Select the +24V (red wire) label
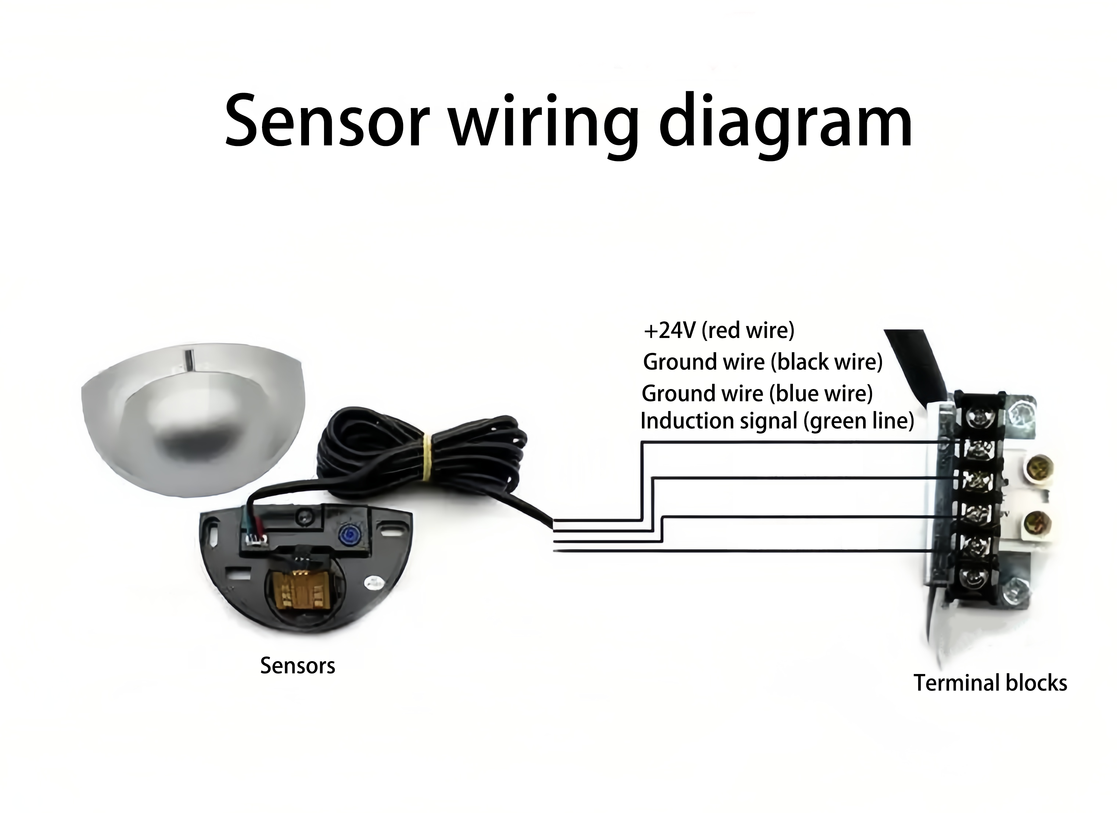click(x=719, y=331)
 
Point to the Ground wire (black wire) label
click(x=762, y=362)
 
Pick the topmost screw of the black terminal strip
click(x=975, y=418)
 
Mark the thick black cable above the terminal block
click(x=916, y=362)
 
